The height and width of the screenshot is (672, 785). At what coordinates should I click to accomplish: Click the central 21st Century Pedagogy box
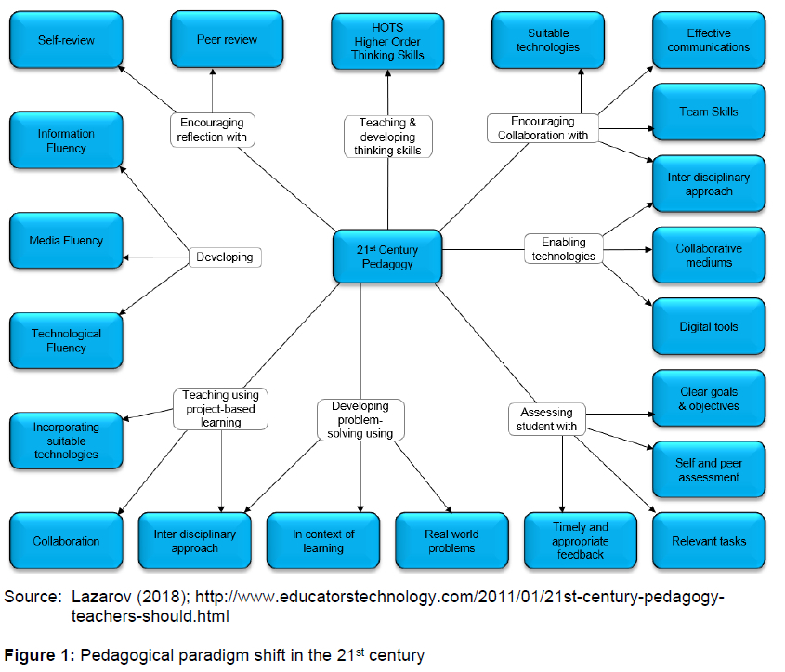(x=387, y=257)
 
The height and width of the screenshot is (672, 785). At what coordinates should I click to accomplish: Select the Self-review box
(x=66, y=40)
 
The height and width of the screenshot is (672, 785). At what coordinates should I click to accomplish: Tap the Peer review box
(x=227, y=40)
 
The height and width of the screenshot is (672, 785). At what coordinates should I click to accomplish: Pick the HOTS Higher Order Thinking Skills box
(x=387, y=41)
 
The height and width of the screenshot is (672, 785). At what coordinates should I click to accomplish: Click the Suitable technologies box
(x=547, y=40)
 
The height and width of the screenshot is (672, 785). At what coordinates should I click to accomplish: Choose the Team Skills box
(x=708, y=112)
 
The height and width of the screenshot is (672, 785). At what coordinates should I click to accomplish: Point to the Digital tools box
(x=708, y=327)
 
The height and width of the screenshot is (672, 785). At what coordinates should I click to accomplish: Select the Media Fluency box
(x=66, y=241)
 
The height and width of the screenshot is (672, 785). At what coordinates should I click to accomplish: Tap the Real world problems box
(x=451, y=541)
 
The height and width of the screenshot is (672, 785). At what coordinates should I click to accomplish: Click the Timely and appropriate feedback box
(x=581, y=541)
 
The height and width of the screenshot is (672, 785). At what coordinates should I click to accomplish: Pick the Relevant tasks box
(x=708, y=541)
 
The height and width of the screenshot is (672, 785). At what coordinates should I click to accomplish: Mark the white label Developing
(x=225, y=257)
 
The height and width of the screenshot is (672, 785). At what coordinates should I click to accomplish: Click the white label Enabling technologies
(x=563, y=249)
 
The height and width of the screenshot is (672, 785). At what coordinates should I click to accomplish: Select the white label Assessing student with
(x=547, y=419)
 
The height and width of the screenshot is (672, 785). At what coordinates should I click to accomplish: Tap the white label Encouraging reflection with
(x=212, y=129)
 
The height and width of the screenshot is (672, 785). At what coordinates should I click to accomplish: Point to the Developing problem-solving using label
(x=360, y=420)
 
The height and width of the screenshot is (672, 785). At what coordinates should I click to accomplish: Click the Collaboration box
(x=66, y=541)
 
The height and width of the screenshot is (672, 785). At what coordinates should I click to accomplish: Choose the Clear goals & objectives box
(x=708, y=399)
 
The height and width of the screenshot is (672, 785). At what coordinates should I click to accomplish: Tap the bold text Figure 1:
(x=41, y=655)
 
